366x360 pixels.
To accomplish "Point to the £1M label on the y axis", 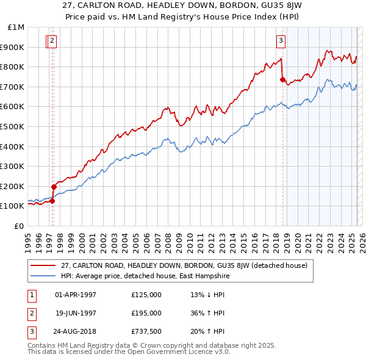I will click(16, 27).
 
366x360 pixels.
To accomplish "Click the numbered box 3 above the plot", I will click(281, 41).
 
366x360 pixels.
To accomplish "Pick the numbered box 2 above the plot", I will click(52, 41).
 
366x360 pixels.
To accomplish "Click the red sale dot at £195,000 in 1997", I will click(54, 187).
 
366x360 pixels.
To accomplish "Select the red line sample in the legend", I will click(43, 265).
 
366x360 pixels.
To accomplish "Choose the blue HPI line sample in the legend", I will click(43, 275).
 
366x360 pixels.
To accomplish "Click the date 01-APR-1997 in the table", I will click(76, 295).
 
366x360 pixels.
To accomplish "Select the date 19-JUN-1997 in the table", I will click(76, 313).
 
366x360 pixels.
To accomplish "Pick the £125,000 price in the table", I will click(146, 295).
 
